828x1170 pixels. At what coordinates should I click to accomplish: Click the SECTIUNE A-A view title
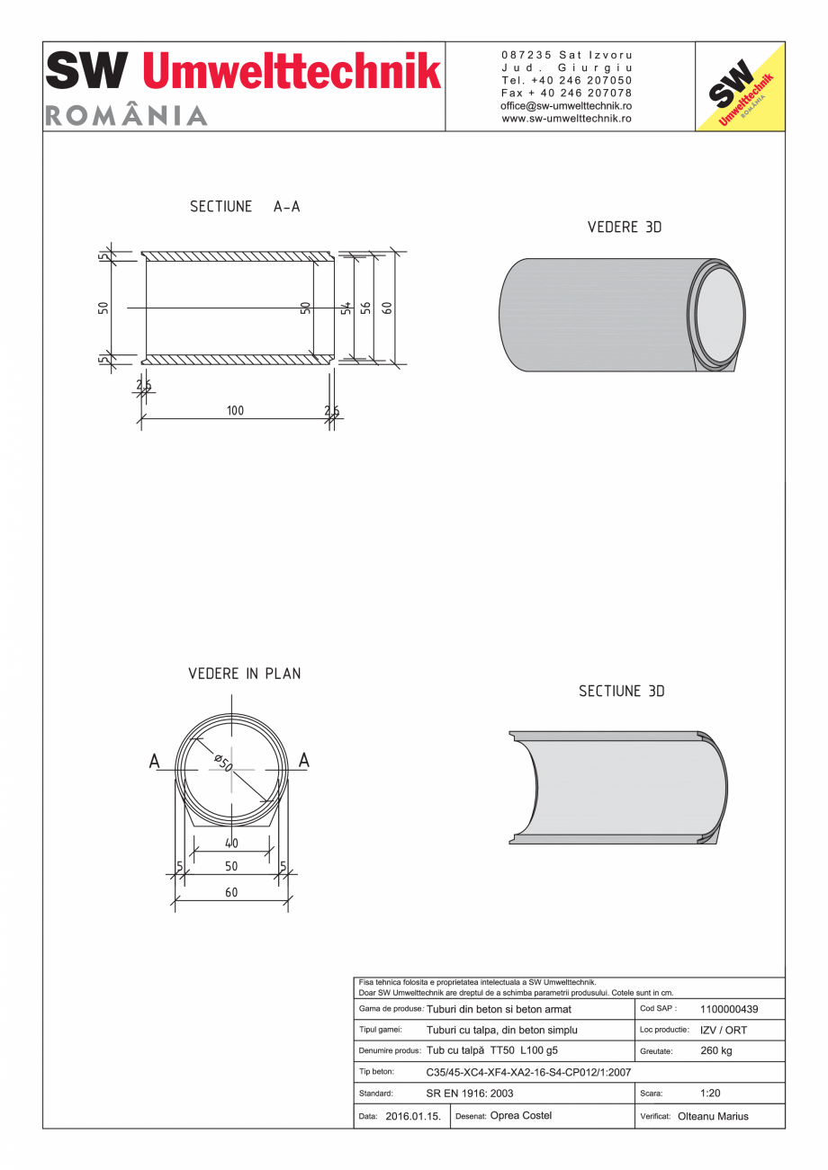coord(245,207)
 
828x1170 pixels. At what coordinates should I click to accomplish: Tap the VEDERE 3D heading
coord(624,228)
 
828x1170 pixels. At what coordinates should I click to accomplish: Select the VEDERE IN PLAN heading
coord(245,674)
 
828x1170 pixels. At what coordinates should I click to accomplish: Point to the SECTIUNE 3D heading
coord(621,692)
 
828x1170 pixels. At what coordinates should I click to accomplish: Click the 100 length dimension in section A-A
coord(235,411)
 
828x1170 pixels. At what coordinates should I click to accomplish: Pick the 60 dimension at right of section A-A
coord(387,308)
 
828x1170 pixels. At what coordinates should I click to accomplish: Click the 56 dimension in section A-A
coord(365,308)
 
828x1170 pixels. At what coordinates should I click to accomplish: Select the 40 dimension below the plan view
coord(231,844)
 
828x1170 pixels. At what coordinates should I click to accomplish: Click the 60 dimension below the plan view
coord(231,893)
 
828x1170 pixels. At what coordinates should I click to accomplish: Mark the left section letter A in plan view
coord(155,762)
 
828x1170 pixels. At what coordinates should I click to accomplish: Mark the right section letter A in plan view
coord(303,761)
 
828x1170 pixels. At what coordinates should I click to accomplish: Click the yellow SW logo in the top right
coord(740,87)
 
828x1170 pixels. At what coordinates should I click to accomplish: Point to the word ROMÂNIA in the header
coord(126,116)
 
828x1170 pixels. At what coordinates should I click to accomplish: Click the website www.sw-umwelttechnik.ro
coord(566,118)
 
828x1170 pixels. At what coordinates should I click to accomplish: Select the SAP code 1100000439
coord(728,1010)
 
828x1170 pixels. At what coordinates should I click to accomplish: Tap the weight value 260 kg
coord(715,1051)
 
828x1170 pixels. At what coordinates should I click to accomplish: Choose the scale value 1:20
coord(710,1094)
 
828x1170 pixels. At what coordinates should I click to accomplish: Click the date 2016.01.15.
coord(412,1116)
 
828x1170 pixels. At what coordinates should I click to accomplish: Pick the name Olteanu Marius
coord(713,1117)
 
